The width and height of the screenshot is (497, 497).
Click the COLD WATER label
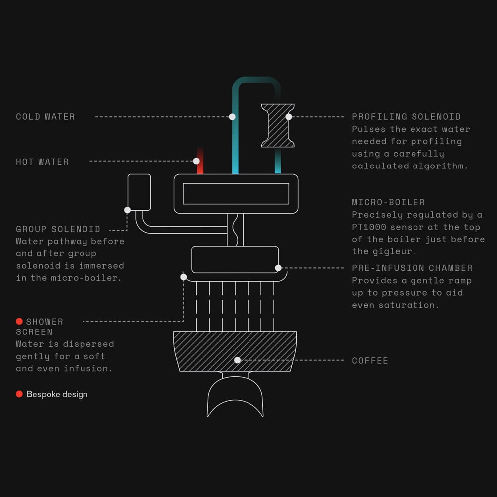(x=45, y=117)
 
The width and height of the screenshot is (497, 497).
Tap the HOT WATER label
(x=42, y=162)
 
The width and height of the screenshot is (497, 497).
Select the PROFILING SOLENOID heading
(x=406, y=117)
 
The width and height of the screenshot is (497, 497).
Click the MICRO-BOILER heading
(x=388, y=202)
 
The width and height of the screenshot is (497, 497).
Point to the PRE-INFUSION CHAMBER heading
(x=412, y=268)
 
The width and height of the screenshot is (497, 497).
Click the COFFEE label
(x=370, y=361)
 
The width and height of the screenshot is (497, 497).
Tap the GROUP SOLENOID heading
(x=58, y=229)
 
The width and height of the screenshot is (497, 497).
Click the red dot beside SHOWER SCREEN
(x=19, y=321)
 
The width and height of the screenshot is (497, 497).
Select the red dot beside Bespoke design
(x=19, y=394)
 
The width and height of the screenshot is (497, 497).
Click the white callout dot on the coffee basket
(x=237, y=360)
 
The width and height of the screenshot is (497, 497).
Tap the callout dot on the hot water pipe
(x=196, y=161)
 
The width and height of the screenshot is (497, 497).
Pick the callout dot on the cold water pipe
(x=232, y=117)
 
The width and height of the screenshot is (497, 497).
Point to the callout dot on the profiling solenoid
(x=289, y=117)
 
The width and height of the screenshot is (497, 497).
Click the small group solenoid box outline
(x=139, y=191)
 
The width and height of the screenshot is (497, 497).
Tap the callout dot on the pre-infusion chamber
(x=278, y=268)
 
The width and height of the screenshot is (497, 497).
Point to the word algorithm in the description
(x=443, y=166)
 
